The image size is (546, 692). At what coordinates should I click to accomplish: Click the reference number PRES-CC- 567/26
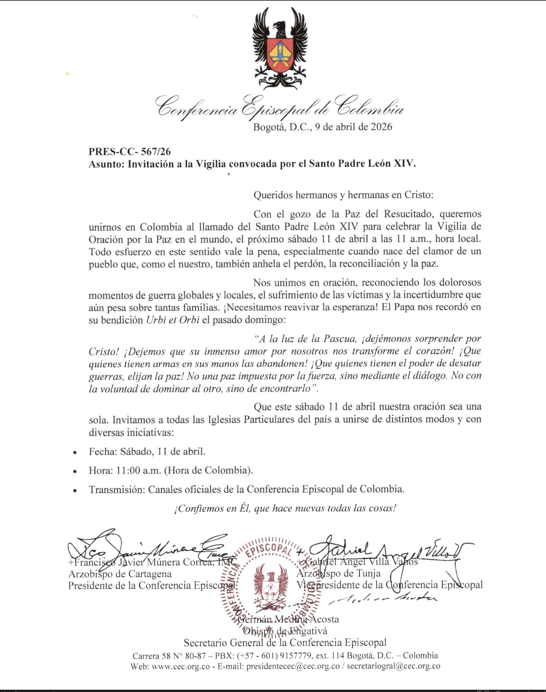pos(129,152)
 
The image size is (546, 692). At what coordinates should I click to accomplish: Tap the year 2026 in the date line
pos(381,127)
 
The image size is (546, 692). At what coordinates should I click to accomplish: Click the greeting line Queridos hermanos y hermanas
pos(343,195)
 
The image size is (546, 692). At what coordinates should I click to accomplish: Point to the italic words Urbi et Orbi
pos(172,320)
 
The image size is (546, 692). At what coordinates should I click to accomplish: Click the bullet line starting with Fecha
pos(147,452)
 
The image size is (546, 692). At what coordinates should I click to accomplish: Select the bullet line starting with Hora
pos(170,470)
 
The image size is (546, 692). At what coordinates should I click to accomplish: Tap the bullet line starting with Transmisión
pos(246,489)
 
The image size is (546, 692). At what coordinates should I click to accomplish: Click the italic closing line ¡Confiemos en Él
pos(285,508)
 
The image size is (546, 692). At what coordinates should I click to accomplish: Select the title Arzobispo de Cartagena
pos(120,574)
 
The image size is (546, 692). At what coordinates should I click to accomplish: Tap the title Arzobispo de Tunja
pos(338,573)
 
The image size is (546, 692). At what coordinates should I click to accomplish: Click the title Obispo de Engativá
pos(285,631)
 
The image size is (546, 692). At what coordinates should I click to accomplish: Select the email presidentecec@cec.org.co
pos(293,667)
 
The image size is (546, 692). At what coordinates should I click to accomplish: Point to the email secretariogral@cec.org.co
pos(393,667)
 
